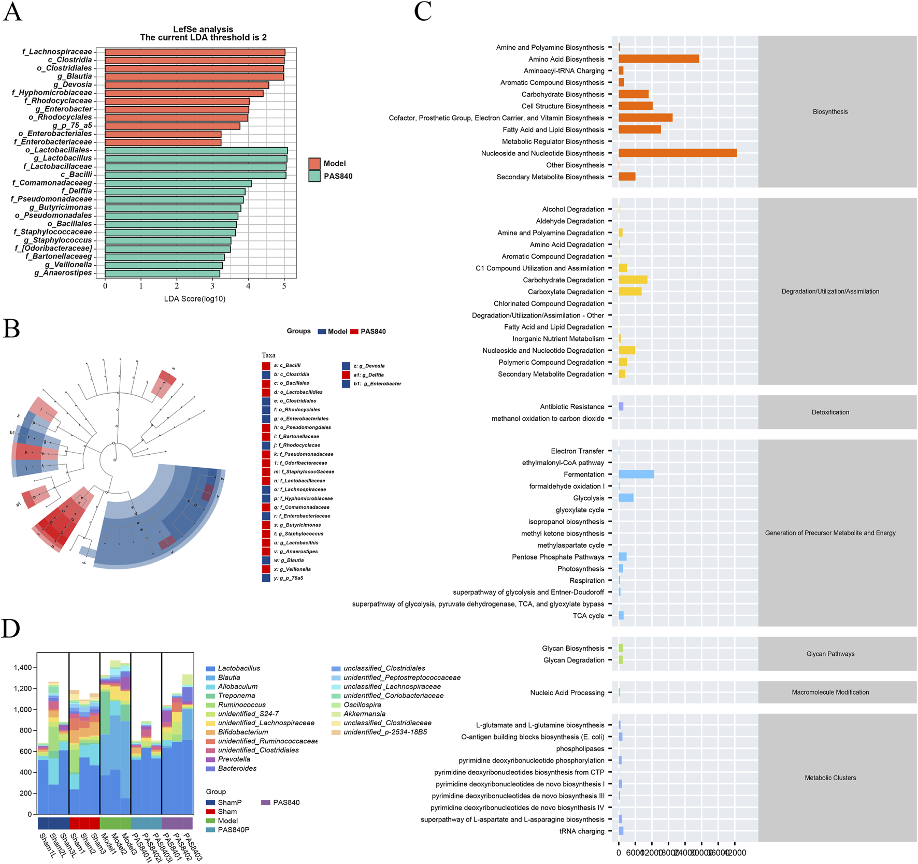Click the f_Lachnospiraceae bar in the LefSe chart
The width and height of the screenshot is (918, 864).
(x=195, y=52)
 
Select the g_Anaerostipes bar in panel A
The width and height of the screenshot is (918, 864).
(x=162, y=273)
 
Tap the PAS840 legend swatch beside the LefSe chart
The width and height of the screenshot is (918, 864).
(x=314, y=176)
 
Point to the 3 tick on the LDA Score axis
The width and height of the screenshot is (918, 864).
(x=212, y=285)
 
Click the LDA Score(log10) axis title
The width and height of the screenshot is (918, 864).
(x=195, y=299)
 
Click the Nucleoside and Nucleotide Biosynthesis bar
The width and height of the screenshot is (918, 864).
(x=677, y=153)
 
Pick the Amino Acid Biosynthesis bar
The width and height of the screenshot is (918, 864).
(x=658, y=59)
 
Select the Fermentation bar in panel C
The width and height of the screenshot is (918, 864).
(x=636, y=474)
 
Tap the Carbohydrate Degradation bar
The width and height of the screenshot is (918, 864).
(x=633, y=280)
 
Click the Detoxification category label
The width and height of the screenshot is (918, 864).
(x=830, y=412)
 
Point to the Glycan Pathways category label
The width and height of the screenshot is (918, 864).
(x=830, y=654)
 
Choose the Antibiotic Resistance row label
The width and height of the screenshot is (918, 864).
(x=572, y=407)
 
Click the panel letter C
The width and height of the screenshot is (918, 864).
(x=423, y=11)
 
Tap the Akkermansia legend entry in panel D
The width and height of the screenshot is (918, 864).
(x=364, y=714)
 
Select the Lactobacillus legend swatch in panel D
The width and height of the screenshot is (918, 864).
(x=210, y=669)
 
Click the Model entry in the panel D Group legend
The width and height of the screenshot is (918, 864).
(x=227, y=820)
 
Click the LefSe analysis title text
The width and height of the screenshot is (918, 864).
(x=203, y=30)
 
